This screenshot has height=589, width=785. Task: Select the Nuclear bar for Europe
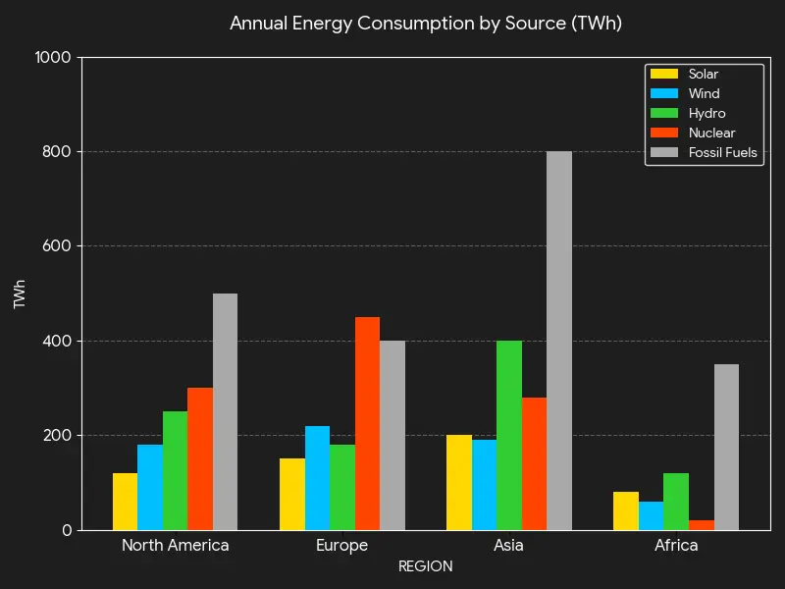click(x=367, y=423)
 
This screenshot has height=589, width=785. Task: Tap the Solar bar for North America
click(x=125, y=502)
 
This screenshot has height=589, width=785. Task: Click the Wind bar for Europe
click(x=317, y=478)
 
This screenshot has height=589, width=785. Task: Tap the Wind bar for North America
click(x=150, y=487)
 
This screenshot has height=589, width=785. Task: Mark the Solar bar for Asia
click(x=458, y=482)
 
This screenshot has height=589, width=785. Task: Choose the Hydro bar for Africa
click(x=676, y=502)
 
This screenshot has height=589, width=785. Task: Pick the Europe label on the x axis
click(x=341, y=546)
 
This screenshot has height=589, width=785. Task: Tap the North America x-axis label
click(x=175, y=546)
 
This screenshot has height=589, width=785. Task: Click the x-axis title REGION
click(x=425, y=566)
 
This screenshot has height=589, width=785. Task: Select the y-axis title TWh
click(x=20, y=294)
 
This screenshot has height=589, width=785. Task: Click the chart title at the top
click(x=425, y=23)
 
